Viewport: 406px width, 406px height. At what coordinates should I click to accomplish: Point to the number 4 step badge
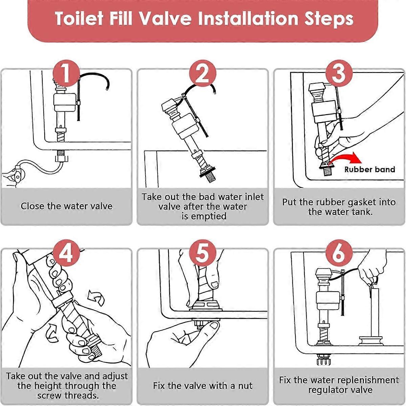click(x=66, y=253)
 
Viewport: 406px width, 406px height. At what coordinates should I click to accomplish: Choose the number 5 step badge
click(x=202, y=253)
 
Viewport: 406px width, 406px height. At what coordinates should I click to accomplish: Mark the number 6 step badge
click(x=339, y=253)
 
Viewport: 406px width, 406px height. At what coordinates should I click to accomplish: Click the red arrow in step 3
click(x=345, y=158)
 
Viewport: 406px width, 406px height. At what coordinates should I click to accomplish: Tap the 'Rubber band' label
click(x=369, y=170)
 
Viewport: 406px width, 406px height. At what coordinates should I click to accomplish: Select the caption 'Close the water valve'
click(x=66, y=206)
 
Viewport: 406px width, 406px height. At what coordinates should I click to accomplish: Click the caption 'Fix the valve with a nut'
click(x=202, y=386)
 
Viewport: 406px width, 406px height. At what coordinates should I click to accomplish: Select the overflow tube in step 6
click(x=375, y=311)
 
